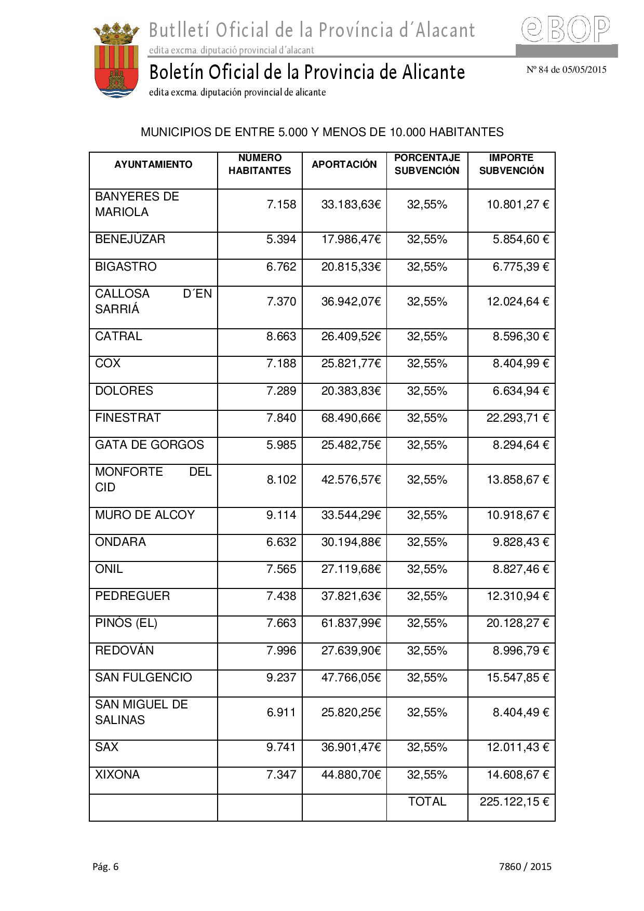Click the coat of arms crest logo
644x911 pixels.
click(x=116, y=61)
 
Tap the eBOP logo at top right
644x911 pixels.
click(x=566, y=30)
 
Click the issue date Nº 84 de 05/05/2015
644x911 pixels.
click(x=566, y=70)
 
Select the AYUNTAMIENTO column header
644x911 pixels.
click(x=153, y=165)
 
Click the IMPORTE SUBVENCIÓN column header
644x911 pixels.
click(x=511, y=164)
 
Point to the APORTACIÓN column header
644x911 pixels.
click(x=344, y=165)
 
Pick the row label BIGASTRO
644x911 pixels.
click(x=126, y=267)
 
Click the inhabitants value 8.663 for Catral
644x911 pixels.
click(x=281, y=337)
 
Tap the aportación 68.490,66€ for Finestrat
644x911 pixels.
click(x=351, y=418)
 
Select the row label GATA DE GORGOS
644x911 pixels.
click(x=150, y=445)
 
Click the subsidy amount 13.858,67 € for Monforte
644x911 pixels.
click(x=517, y=480)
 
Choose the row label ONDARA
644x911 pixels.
click(x=120, y=542)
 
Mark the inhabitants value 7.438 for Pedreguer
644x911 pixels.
click(x=281, y=596)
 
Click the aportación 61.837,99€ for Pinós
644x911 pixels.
click(x=351, y=623)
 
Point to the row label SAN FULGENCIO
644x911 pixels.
click(x=143, y=678)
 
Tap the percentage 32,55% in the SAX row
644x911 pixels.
click(x=427, y=747)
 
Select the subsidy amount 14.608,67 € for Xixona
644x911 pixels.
click(x=517, y=775)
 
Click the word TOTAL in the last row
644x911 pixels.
click(x=427, y=802)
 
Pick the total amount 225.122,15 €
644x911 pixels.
click(x=514, y=802)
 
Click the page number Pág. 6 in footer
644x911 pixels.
click(x=106, y=866)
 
